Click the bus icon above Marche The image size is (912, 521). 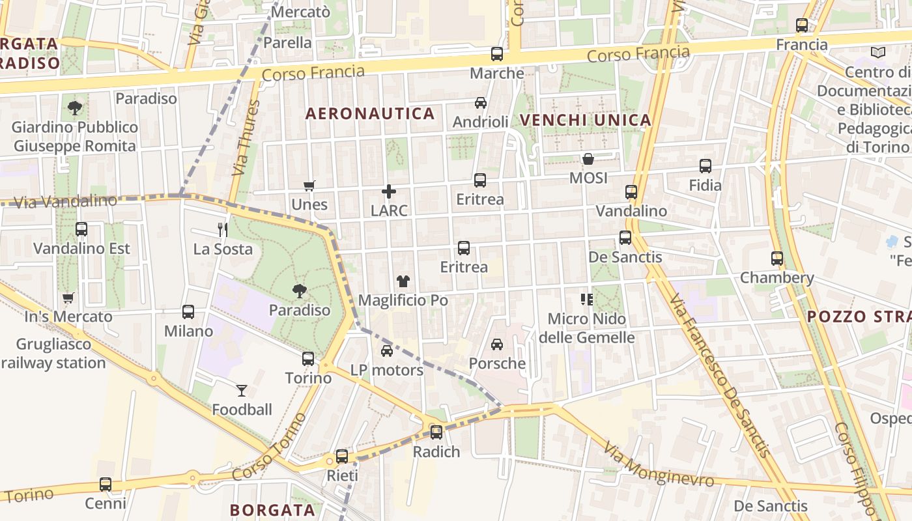(497, 54)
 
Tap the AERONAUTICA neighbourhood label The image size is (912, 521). (370, 114)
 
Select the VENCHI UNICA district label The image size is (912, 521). (586, 120)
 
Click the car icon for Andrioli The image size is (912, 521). (481, 103)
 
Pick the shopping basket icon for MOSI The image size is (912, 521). (588, 159)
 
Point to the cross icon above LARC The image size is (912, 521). (389, 191)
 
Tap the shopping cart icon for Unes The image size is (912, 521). (309, 186)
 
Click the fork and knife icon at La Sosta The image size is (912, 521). (223, 230)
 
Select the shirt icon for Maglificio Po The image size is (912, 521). (403, 281)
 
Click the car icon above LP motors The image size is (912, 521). (387, 351)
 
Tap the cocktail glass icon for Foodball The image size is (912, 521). (242, 391)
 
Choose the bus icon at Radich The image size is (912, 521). (436, 432)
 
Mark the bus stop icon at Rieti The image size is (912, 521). (342, 457)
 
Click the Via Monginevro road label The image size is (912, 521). (659, 465)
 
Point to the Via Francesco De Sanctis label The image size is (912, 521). (720, 376)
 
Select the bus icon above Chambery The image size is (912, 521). (777, 259)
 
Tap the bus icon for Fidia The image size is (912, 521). (705, 166)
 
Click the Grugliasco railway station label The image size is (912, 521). (53, 354)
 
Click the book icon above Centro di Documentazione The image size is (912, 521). (878, 52)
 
